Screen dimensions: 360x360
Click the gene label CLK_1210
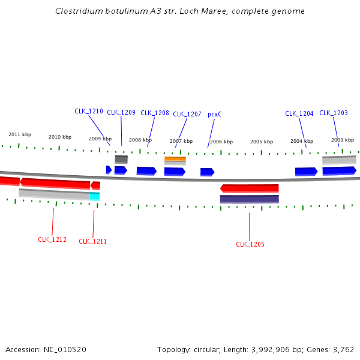(x=89, y=111)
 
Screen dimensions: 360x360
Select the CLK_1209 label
(x=121, y=112)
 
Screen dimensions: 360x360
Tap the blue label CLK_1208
(x=155, y=113)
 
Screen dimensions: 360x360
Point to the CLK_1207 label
(x=187, y=114)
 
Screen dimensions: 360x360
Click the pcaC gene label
(x=215, y=114)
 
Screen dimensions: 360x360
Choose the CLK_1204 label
(x=299, y=113)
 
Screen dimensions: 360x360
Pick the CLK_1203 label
(x=334, y=113)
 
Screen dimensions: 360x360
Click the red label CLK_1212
(x=52, y=239)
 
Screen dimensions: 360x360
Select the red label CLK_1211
(x=93, y=241)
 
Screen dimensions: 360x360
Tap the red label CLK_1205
(x=250, y=244)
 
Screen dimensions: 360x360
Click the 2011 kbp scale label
(x=20, y=134)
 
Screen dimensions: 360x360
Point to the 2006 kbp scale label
(x=221, y=142)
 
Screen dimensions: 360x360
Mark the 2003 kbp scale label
(x=343, y=140)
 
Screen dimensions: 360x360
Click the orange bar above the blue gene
(x=175, y=159)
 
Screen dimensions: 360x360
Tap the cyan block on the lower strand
(x=95, y=196)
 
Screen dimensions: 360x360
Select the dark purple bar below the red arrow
(x=249, y=199)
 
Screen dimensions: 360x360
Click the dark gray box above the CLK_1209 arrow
(x=121, y=160)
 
